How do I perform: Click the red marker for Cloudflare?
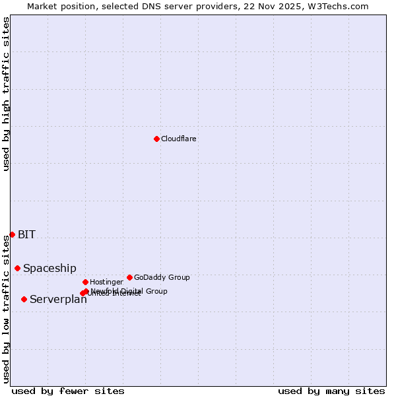[156, 139]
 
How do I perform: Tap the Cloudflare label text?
[178, 139]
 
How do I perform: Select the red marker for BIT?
[12, 234]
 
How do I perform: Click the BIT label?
[26, 235]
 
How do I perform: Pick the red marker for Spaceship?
[17, 268]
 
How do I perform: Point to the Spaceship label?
[49, 269]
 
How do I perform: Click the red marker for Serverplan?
[24, 299]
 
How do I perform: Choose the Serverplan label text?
[58, 300]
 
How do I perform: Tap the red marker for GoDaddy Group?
[129, 277]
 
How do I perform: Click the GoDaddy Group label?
[162, 278]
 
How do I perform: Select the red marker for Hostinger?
[85, 282]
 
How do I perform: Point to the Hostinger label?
[106, 282]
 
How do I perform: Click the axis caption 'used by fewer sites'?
[68, 391]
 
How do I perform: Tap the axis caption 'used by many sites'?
[331, 391]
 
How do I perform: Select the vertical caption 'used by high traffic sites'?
[7, 94]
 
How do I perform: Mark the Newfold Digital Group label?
[129, 290]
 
